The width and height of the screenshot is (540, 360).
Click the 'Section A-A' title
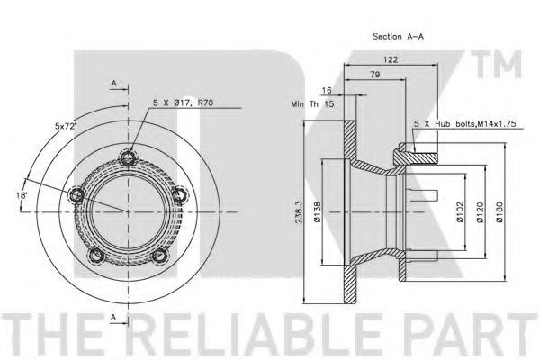[398, 36]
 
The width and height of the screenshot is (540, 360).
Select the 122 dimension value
[391, 59]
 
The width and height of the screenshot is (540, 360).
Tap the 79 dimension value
[375, 75]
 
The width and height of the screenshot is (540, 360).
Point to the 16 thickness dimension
[326, 90]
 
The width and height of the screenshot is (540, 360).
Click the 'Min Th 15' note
[312, 103]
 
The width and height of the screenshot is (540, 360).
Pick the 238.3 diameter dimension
[299, 212]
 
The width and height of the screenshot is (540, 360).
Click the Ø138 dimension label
[317, 211]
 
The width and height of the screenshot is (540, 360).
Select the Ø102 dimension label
[460, 211]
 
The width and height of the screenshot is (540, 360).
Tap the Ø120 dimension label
[480, 211]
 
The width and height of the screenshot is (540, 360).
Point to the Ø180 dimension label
[499, 211]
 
